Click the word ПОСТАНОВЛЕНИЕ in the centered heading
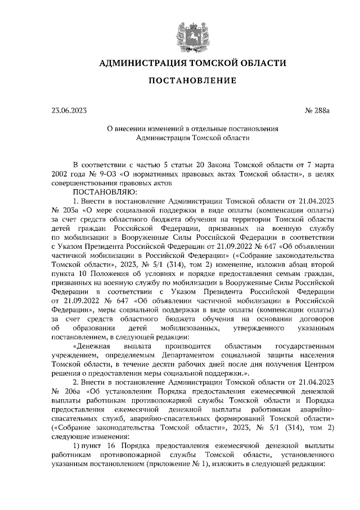tap(192, 81)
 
